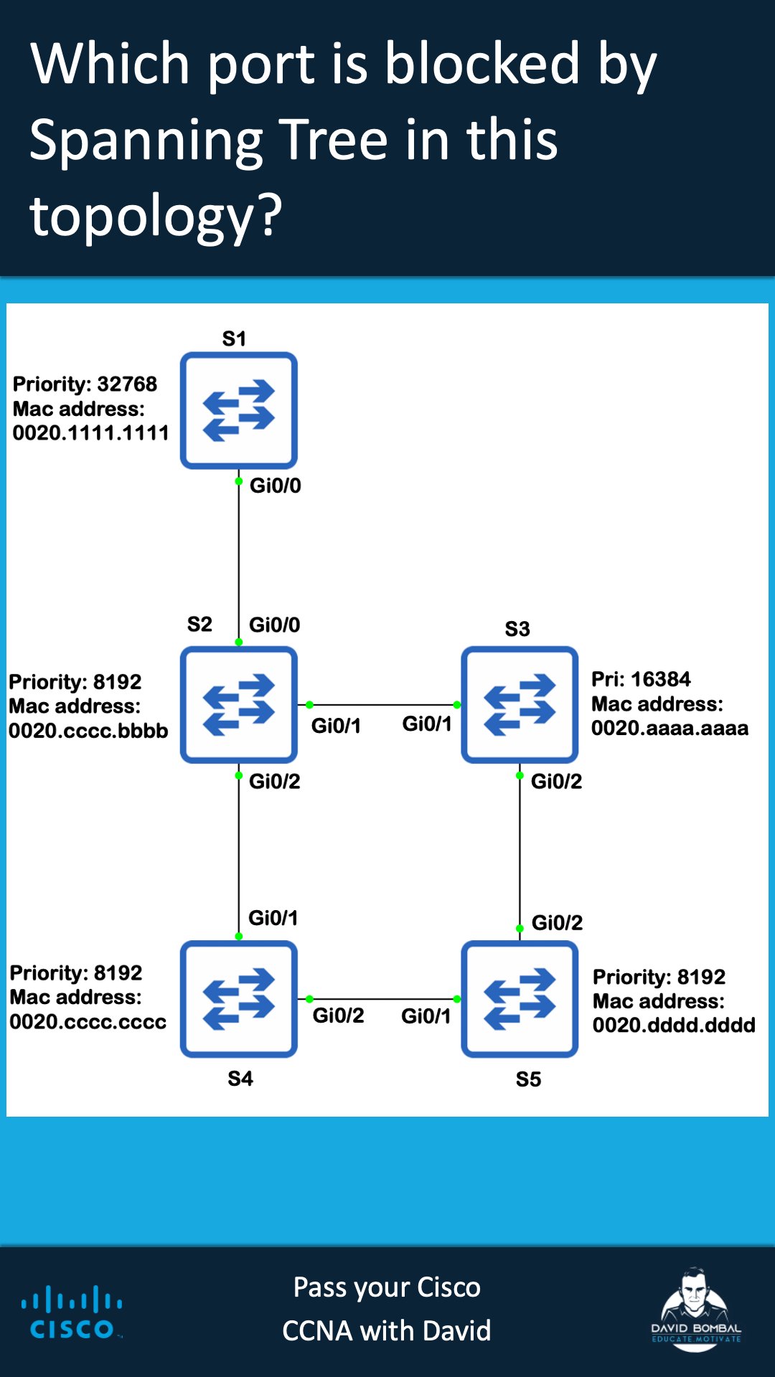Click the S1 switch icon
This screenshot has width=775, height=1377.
pyautogui.click(x=239, y=410)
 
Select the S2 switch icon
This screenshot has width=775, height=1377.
pyautogui.click(x=239, y=704)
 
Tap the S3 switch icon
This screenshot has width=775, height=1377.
pyautogui.click(x=520, y=704)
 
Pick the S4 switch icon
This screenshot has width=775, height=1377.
pyautogui.click(x=239, y=999)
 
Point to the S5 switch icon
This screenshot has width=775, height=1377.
pyautogui.click(x=520, y=999)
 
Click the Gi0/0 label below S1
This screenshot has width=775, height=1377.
pyautogui.click(x=275, y=486)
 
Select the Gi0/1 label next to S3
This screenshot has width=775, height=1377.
pyautogui.click(x=427, y=724)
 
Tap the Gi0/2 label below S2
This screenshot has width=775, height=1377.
pyautogui.click(x=274, y=781)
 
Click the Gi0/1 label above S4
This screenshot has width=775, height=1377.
pyautogui.click(x=273, y=918)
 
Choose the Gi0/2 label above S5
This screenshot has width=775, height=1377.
pyautogui.click(x=557, y=922)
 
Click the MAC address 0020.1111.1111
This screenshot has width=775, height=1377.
pyautogui.click(x=90, y=433)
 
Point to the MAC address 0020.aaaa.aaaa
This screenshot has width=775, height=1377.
pyautogui.click(x=670, y=729)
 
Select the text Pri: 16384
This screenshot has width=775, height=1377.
pyautogui.click(x=641, y=679)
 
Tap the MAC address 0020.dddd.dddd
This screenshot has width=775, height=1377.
pyautogui.click(x=674, y=1026)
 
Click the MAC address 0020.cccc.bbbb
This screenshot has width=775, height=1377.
pyautogui.click(x=88, y=731)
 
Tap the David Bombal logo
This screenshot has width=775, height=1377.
pyautogui.click(x=695, y=1310)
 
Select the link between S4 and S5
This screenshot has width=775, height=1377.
pyautogui.click(x=383, y=999)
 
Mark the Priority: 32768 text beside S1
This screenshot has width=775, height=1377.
pyautogui.click(x=85, y=384)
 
